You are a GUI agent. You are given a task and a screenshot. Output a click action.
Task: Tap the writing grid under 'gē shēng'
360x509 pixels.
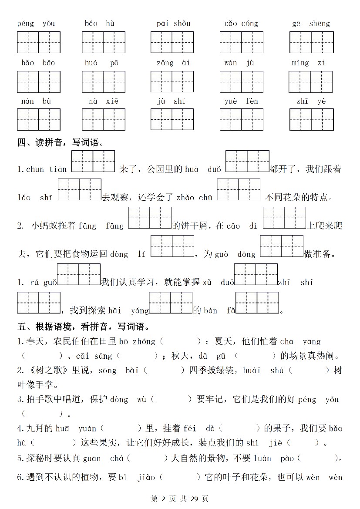coord(311,42)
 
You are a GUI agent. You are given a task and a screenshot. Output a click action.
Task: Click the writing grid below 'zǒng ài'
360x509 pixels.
coord(172,81)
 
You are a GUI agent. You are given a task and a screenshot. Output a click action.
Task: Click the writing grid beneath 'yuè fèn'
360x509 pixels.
coord(241,120)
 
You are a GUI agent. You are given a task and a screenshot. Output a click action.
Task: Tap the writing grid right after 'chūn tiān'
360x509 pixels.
coord(93,162)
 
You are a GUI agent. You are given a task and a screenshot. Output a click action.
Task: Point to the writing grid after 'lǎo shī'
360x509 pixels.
coord(79,189)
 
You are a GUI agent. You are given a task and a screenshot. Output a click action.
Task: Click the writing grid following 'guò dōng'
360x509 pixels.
coord(281,246)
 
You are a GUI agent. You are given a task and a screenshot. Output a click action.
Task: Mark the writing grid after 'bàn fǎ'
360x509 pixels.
coord(257,303)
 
